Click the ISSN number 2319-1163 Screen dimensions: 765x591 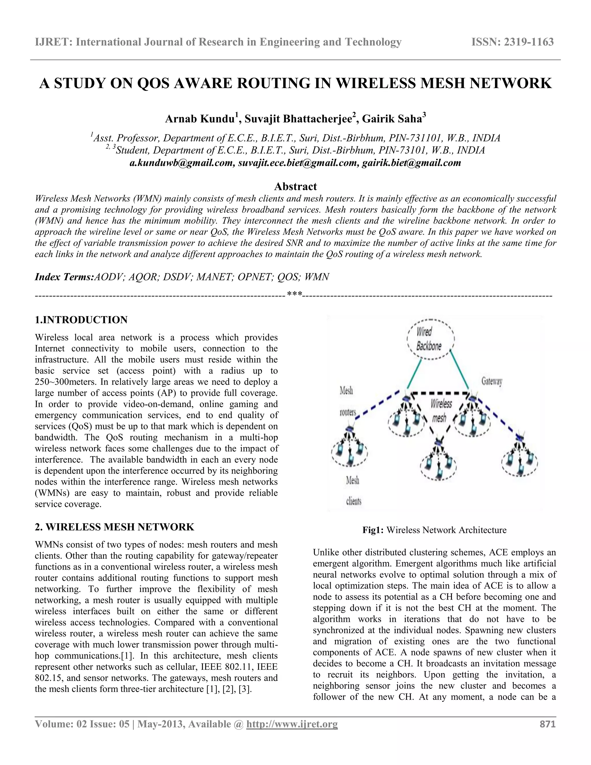(x=529, y=42)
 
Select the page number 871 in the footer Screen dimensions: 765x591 (x=548, y=724)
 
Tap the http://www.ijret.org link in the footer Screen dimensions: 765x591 (x=292, y=724)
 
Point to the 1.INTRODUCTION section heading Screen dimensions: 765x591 (x=81, y=320)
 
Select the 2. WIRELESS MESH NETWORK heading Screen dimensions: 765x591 (x=115, y=527)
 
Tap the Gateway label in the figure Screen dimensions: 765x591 (x=491, y=381)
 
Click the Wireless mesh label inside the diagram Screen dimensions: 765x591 (x=440, y=411)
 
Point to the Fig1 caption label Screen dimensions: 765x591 (x=373, y=530)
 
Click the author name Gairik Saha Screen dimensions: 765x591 (x=392, y=119)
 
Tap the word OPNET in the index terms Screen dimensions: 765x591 (x=254, y=277)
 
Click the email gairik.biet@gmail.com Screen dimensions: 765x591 (x=412, y=163)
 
